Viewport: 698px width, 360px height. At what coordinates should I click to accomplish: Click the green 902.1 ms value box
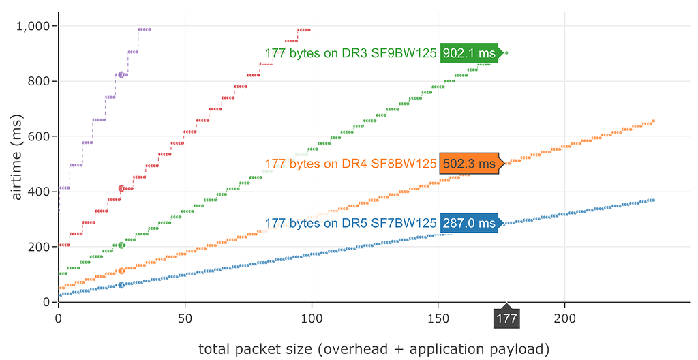[469, 53]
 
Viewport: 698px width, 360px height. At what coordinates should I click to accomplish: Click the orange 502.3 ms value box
[469, 164]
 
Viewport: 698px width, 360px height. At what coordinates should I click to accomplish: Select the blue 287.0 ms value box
[469, 223]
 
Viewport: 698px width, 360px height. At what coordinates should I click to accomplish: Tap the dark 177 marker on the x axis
[506, 319]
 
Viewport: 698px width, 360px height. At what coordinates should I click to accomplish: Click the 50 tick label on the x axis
[185, 318]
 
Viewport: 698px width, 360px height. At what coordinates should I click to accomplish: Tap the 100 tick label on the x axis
[312, 318]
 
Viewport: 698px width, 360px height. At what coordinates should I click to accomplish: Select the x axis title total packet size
[374, 349]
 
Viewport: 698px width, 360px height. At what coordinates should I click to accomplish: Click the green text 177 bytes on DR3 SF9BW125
[350, 53]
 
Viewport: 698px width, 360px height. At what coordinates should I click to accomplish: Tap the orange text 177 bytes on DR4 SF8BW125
[350, 164]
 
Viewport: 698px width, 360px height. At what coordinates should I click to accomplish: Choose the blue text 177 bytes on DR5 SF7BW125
[350, 223]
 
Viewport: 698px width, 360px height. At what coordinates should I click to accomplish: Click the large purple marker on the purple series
[122, 75]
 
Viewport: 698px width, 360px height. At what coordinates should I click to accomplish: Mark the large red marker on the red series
[122, 188]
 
